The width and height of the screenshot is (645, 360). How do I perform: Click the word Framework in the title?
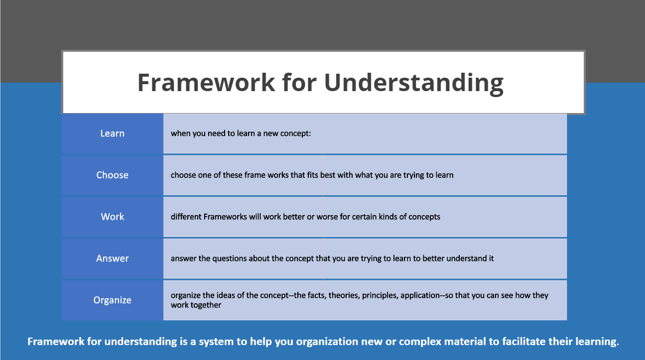click(x=206, y=82)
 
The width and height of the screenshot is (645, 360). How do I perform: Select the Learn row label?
click(x=112, y=133)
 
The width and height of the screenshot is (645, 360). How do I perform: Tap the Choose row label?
click(x=112, y=175)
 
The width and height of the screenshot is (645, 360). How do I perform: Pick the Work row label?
click(x=112, y=217)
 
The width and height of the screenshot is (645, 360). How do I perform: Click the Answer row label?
click(x=112, y=258)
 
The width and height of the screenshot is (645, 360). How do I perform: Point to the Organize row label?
click(x=112, y=300)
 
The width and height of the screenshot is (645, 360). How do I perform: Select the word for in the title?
click(x=299, y=82)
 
